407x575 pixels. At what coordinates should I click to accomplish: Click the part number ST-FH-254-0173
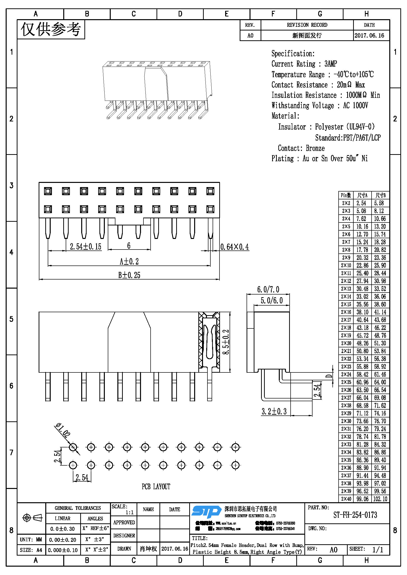[355, 515]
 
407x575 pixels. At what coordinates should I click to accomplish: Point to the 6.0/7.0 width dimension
[268, 290]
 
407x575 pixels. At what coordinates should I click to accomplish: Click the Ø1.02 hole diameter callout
[63, 430]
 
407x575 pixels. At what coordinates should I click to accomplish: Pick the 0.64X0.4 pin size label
[235, 247]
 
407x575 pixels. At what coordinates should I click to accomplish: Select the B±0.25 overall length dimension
[129, 275]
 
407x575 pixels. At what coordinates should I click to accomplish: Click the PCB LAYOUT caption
[156, 487]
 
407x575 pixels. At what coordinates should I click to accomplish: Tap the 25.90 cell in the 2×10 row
[380, 265]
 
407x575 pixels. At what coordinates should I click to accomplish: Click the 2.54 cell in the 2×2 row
[361, 203]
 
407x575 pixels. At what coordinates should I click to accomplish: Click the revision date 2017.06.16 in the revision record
[369, 36]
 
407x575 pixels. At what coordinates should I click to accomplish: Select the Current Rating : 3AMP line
[304, 64]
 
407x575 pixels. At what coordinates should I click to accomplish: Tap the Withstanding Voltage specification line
[320, 105]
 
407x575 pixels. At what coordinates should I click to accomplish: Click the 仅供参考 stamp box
[51, 29]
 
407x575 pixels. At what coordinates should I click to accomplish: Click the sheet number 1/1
[377, 550]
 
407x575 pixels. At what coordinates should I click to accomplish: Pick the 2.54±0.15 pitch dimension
[85, 247]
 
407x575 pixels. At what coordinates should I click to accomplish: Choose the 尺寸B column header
[380, 195]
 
